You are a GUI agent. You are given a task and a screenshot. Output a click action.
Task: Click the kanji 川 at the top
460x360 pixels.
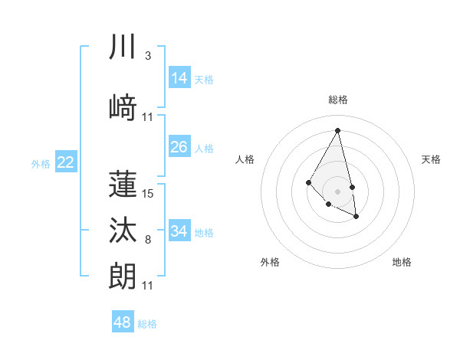123,48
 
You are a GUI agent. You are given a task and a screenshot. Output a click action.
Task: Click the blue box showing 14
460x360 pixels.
179,78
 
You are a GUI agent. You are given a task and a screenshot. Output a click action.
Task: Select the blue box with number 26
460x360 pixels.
179,147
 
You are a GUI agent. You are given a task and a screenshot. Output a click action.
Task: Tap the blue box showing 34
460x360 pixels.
179,231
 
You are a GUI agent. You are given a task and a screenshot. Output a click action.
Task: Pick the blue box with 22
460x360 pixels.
66,162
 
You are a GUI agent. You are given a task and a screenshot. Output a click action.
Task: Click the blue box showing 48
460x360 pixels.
123,322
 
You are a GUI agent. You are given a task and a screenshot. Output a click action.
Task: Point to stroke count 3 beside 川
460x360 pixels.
147,57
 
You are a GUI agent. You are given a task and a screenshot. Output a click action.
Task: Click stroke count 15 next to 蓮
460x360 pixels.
148,194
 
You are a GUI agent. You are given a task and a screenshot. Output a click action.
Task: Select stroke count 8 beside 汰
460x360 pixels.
147,241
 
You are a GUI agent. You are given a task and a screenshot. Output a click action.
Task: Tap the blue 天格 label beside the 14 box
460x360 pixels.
204,80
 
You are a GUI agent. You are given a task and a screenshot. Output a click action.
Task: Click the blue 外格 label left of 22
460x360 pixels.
41,163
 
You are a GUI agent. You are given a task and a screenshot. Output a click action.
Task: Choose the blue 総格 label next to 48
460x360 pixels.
147,324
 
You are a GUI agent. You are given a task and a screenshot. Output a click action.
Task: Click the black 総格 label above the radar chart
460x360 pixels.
338,100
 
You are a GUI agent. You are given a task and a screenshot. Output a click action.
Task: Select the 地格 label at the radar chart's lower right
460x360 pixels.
402,262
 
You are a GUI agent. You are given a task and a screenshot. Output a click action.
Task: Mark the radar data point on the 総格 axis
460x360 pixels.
338,130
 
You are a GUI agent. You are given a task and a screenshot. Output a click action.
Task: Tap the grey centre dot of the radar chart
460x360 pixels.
337,191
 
